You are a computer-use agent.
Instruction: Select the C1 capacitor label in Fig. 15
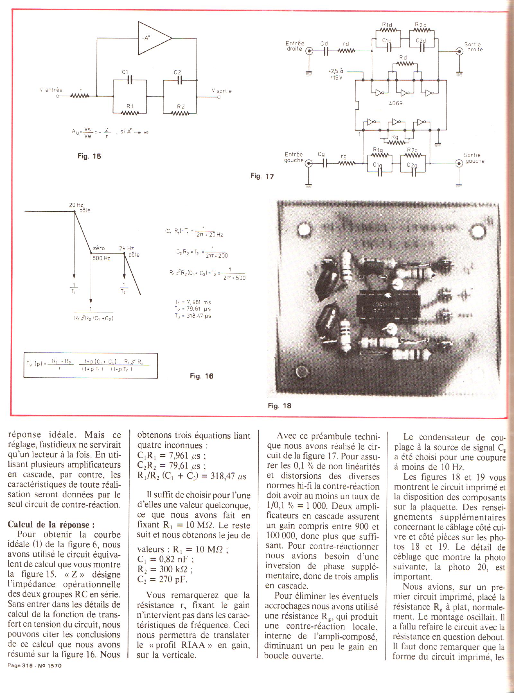125,72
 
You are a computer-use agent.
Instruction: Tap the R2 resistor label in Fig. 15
181,107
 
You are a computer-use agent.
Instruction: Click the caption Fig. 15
89,156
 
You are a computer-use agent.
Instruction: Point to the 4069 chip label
396,103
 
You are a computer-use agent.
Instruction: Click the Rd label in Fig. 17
403,57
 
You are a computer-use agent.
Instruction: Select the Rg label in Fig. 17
394,137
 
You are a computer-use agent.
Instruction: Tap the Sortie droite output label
473,47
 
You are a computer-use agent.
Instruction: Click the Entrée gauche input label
294,157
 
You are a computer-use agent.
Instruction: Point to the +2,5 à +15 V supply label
335,74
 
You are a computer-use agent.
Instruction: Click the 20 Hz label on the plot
76,205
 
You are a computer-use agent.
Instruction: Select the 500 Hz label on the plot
101,258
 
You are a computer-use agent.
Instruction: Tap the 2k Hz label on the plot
126,248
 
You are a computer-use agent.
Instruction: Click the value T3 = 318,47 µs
193,316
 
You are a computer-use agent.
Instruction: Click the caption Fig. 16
201,376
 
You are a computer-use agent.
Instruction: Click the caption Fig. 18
279,406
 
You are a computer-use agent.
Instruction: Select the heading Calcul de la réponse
51,525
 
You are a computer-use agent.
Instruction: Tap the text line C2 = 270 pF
162,579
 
